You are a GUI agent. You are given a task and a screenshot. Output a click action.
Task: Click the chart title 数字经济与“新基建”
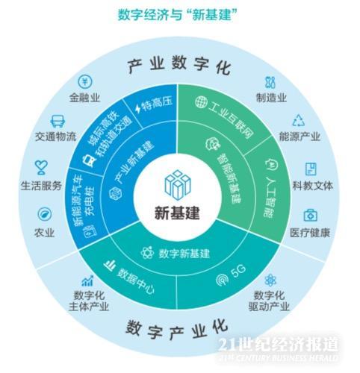coord(178,15)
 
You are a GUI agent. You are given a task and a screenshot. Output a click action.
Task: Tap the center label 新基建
coord(177,213)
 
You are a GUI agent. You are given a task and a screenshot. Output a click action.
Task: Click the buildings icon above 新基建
coord(178,184)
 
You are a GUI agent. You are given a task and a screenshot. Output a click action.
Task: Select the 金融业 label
coord(84,98)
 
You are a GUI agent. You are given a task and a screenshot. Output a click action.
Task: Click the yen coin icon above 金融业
coord(85,81)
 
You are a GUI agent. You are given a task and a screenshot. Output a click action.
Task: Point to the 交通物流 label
coord(56,137)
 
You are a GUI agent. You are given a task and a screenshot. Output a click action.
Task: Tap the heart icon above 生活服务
coord(41,167)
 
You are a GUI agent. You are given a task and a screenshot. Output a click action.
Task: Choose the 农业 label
coord(44,233)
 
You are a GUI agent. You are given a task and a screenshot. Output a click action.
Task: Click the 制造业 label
coord(271,98)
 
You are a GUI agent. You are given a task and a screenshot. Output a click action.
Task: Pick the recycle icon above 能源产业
coord(298,121)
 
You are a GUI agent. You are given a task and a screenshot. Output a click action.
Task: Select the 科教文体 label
coord(313,186)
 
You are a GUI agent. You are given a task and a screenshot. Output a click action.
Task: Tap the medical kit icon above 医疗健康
coord(311,216)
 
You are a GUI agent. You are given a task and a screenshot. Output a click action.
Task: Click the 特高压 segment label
coord(157,104)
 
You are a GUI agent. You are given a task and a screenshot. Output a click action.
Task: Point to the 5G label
coord(238,271)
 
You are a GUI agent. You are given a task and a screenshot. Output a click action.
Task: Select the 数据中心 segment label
coord(136,281)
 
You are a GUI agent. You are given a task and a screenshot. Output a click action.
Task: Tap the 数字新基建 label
coord(184,254)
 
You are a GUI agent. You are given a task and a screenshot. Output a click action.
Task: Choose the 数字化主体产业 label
coord(89,301)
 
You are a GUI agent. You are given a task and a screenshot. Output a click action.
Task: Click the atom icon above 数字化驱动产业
coord(270,280)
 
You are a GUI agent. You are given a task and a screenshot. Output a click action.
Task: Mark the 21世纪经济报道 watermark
coord(279,345)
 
